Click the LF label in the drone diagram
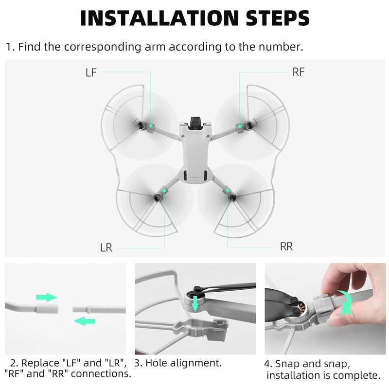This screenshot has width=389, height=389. pos(91,72)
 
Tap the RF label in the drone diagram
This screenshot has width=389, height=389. pos(298,72)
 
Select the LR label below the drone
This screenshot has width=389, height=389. pos(106,248)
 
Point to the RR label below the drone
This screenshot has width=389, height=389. pos(286,247)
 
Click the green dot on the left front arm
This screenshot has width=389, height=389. pos(151,126)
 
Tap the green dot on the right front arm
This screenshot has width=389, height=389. pos(240,126)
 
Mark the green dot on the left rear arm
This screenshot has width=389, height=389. pos(164,191)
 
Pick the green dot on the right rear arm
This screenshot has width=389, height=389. pos(227,190)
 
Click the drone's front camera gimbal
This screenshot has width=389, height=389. pos(195,123)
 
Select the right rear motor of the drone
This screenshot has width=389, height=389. pos(232,197)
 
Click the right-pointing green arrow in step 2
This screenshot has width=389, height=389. pos(46,297)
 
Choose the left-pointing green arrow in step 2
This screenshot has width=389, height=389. pos(85,321)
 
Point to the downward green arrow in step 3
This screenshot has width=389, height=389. pos(195,303)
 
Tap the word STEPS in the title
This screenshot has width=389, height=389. pos(277,18)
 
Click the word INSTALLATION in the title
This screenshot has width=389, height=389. pos(159,18)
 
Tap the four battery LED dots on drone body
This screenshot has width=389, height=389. pos(195,177)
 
